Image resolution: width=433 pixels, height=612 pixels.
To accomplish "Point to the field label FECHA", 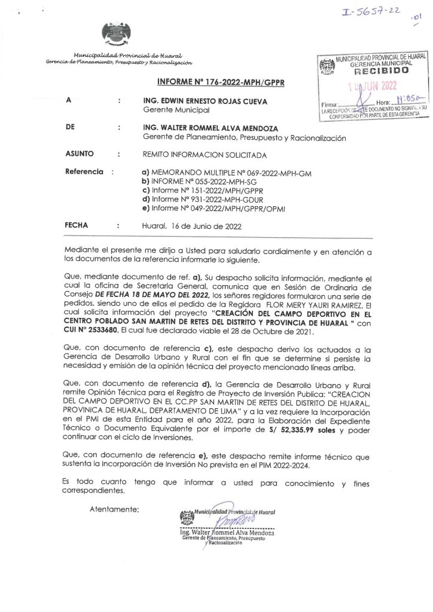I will (x=74, y=227).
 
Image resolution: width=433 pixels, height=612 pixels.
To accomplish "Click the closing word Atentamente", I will (x=113, y=509).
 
